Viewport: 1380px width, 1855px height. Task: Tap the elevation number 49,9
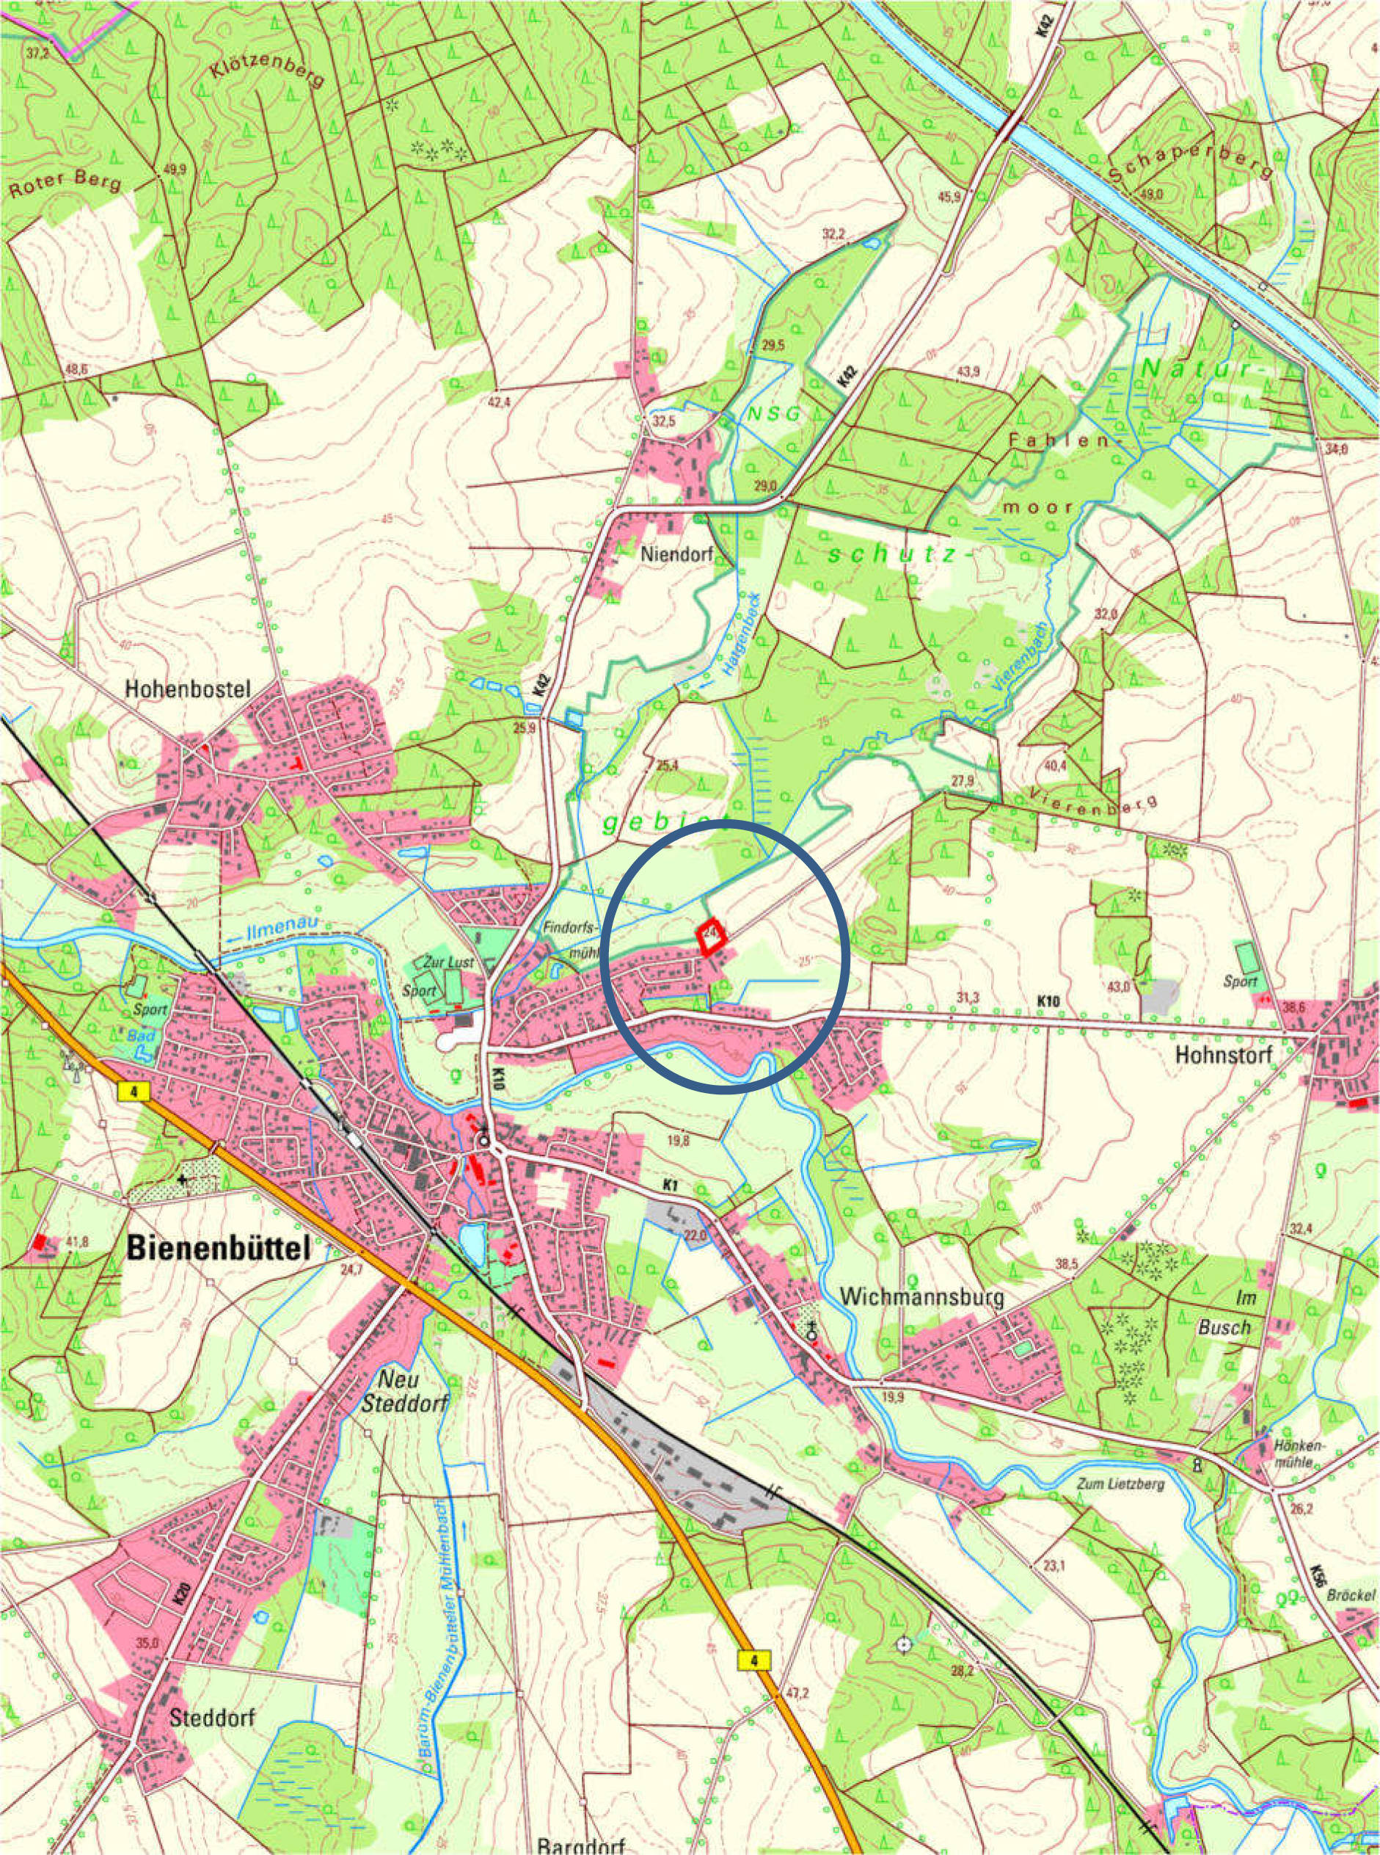click(175, 170)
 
